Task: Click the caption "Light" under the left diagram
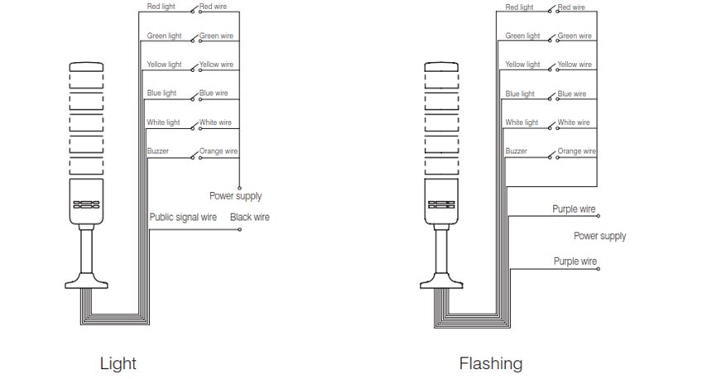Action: [x=118, y=363]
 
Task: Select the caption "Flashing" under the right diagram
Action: [x=491, y=363]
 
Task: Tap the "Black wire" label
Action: [x=249, y=218]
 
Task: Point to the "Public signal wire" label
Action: [x=183, y=218]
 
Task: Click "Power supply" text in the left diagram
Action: [x=235, y=196]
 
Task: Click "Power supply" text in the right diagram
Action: [x=599, y=236]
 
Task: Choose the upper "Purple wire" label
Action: [x=575, y=209]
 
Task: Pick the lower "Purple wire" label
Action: [x=575, y=261]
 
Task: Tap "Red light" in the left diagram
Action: [x=161, y=7]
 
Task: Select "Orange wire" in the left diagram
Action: [x=219, y=151]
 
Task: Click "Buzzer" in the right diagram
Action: [x=517, y=151]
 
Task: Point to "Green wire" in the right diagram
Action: [x=575, y=36]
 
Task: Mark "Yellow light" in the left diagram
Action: [x=164, y=65]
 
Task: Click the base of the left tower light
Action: [x=86, y=282]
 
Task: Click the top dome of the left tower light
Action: [x=86, y=67]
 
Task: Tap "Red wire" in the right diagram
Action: [x=571, y=7]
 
